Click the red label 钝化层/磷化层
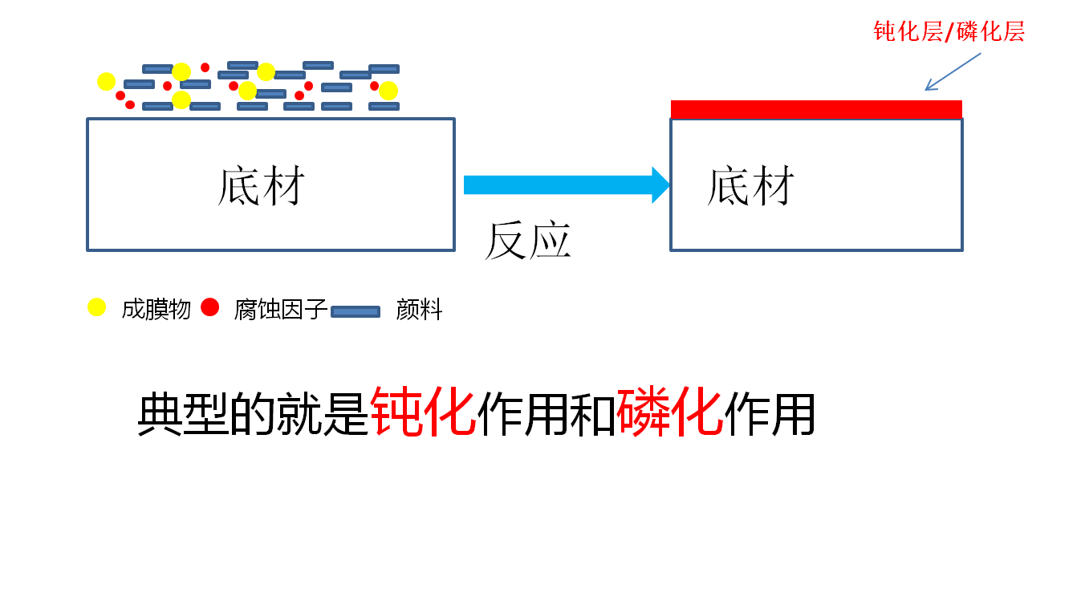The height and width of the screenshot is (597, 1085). point(949,32)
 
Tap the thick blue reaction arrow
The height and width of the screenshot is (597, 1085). point(566,185)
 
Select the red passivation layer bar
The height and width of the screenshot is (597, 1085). point(816,109)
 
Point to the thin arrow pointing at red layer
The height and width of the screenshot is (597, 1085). point(953,72)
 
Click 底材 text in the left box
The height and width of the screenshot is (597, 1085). point(262,186)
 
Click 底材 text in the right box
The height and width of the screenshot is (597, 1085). point(750,186)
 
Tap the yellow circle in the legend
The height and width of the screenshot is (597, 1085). point(97,307)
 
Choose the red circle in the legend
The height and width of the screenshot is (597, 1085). point(210,307)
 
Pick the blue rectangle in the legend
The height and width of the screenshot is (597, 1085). point(356,311)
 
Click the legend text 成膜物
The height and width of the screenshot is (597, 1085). point(156,310)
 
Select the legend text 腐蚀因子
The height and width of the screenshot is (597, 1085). point(281,310)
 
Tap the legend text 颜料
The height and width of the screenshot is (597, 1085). point(419,310)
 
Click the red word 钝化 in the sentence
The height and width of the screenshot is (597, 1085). point(424,412)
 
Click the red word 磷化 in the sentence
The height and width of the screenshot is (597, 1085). point(670,412)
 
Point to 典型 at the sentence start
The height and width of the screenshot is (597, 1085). point(183,414)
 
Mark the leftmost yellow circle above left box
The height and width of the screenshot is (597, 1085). point(107,81)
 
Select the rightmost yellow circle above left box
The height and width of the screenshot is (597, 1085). point(388,91)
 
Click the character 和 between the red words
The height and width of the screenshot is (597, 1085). point(594,414)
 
